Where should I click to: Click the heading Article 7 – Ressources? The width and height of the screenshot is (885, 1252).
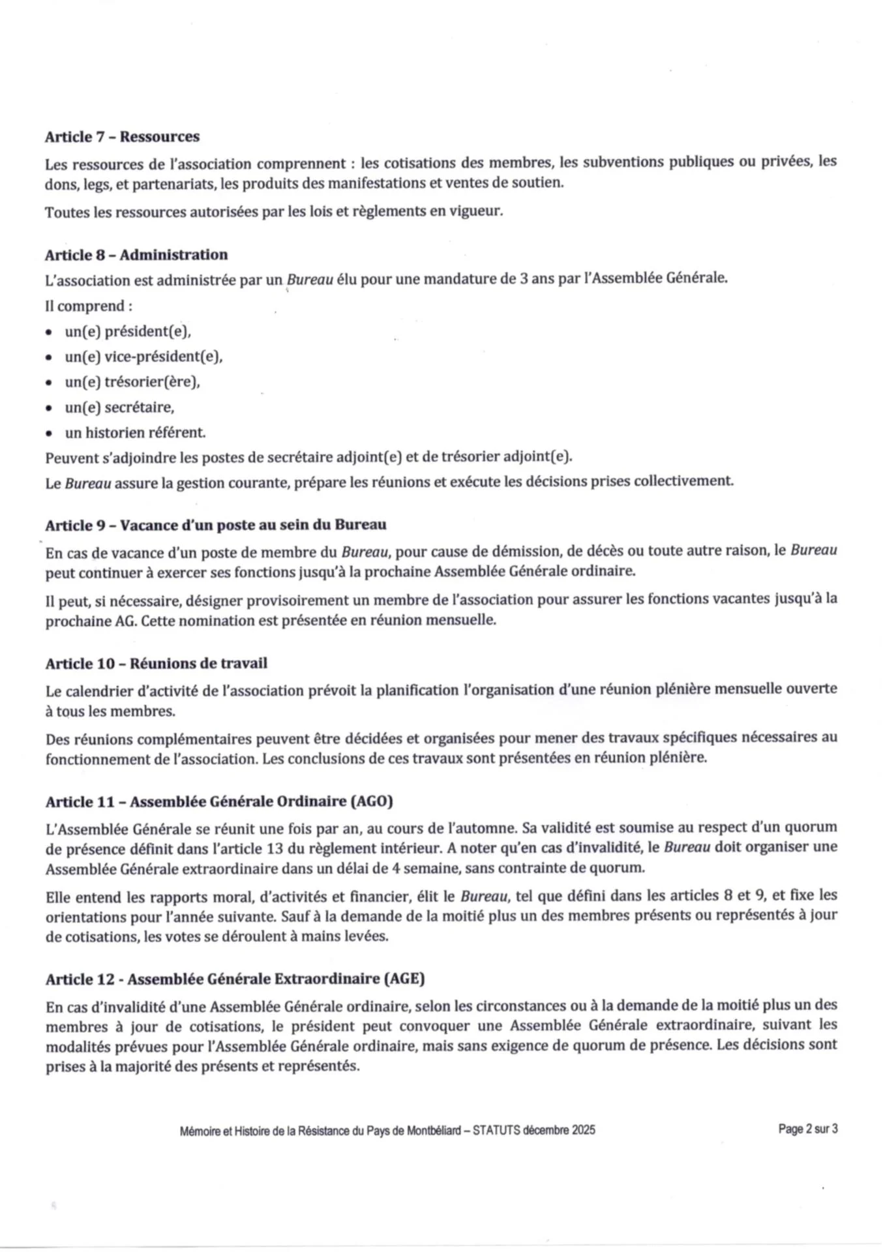coord(122,137)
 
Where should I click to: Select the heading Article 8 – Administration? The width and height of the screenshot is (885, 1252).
coord(136,255)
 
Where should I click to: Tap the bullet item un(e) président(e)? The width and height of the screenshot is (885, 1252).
coord(128,331)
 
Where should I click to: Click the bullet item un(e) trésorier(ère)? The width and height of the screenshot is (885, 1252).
coord(132,382)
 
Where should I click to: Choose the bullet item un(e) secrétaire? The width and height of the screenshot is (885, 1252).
coord(119,408)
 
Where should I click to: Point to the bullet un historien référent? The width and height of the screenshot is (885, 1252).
coord(135,432)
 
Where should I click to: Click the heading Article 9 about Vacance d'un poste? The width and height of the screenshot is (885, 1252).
coord(216,525)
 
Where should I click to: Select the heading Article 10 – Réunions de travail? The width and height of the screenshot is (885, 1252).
coord(157,664)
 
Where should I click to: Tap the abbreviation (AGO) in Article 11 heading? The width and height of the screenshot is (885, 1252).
coord(372,801)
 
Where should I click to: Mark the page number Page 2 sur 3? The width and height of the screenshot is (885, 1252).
coord(807,1129)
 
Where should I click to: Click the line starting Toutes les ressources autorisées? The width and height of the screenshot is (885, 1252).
coord(274,212)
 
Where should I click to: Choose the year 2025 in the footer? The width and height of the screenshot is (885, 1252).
coord(583,1130)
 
